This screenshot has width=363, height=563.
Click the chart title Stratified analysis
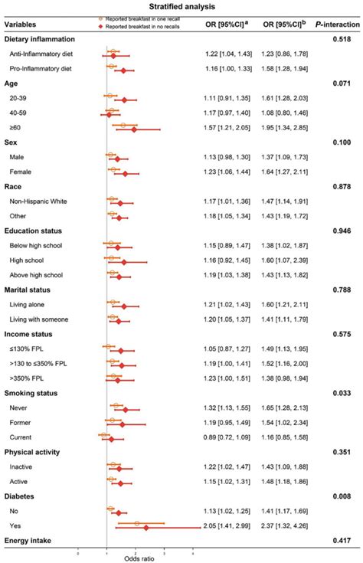click(x=181, y=5)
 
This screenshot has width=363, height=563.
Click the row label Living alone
click(x=31, y=305)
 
